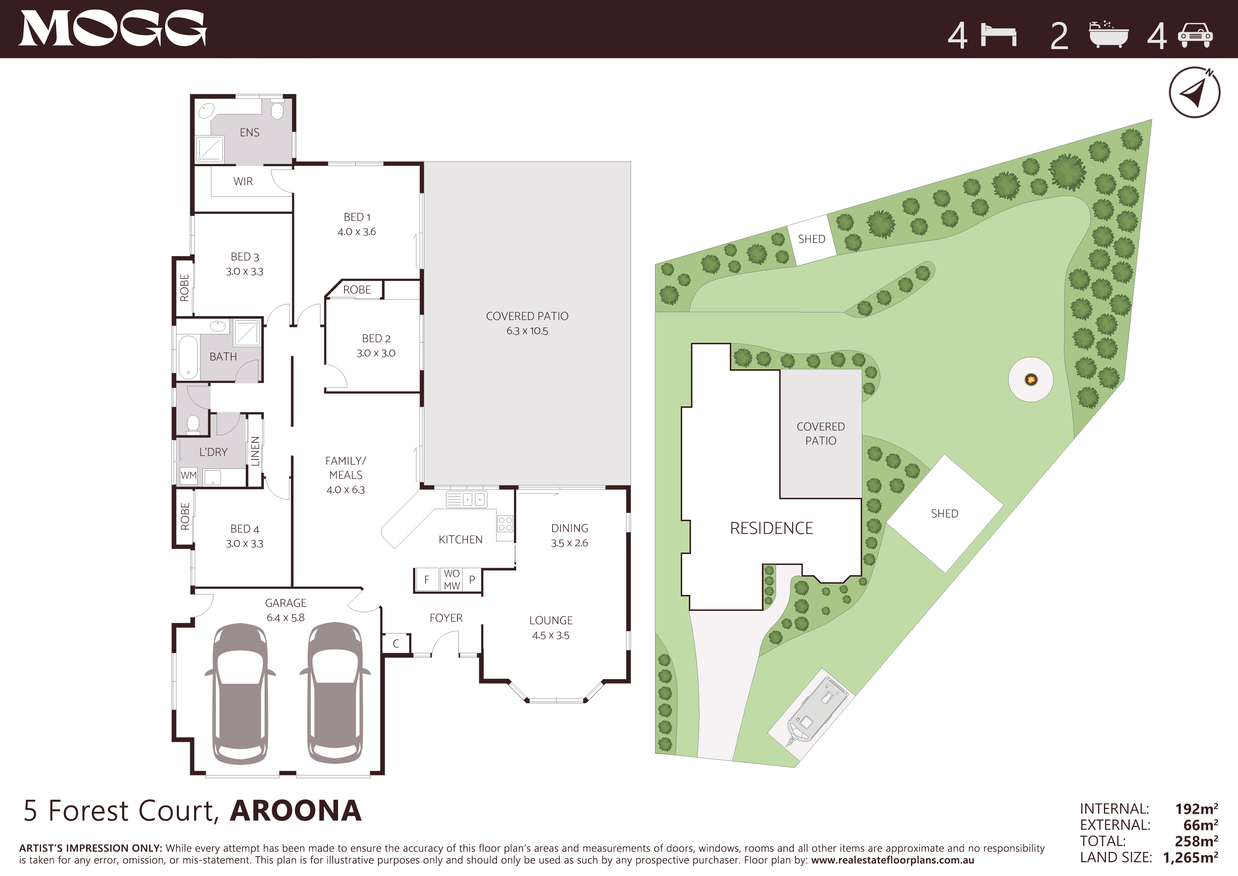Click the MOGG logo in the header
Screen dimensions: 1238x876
click(x=113, y=29)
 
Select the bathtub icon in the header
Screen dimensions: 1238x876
click(x=1108, y=35)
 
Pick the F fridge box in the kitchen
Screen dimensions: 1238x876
click(x=427, y=580)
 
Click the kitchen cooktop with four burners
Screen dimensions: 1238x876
click(x=505, y=523)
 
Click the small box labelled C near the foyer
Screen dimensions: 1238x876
click(x=396, y=644)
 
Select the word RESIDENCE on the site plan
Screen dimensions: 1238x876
click(x=771, y=528)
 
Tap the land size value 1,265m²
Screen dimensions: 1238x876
click(x=1190, y=858)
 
